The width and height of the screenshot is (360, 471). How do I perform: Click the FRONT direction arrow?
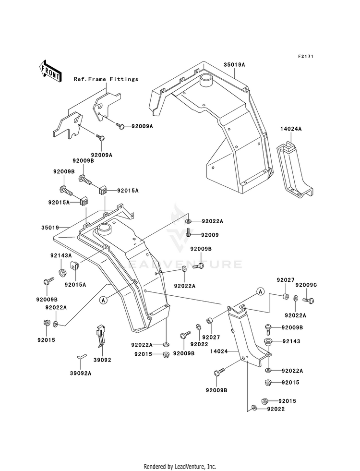[50, 71]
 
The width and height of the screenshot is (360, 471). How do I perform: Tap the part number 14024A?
[291, 129]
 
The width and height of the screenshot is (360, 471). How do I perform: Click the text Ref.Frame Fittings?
[106, 79]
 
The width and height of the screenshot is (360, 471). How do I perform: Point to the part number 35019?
[50, 228]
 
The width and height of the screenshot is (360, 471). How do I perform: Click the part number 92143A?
[61, 255]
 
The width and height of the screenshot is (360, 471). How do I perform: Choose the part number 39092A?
[81, 374]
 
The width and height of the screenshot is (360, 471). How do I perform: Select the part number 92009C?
[306, 284]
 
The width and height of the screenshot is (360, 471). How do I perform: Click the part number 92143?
[291, 341]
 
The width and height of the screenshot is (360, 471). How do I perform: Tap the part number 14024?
[219, 351]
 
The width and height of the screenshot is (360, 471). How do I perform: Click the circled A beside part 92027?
[260, 291]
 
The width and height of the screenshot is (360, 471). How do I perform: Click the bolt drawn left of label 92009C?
[308, 300]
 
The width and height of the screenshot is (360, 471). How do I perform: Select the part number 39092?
[102, 360]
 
